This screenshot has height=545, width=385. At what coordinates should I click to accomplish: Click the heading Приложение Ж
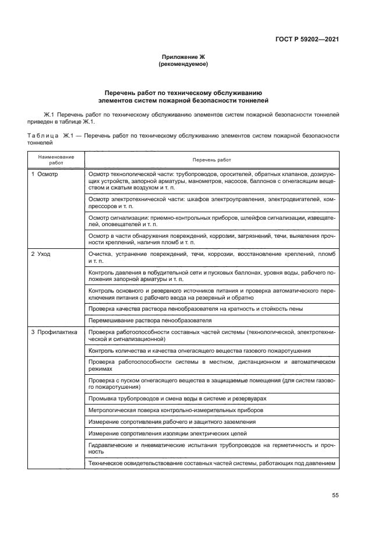click(183, 57)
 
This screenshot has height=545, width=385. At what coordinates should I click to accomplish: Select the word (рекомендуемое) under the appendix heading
click(183, 64)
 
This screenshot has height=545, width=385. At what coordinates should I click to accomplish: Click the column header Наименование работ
click(56, 159)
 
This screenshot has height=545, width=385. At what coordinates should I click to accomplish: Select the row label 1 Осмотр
click(45, 174)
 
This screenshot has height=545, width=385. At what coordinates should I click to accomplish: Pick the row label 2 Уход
click(42, 255)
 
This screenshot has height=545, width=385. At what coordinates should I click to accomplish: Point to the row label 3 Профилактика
click(54, 332)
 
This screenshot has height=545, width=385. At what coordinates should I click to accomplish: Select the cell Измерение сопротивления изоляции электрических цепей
click(167, 434)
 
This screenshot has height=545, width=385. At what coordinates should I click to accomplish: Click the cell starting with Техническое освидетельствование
click(211, 464)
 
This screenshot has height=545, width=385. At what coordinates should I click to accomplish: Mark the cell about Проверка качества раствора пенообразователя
click(195, 308)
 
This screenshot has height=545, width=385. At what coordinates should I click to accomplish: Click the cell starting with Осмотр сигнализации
click(211, 220)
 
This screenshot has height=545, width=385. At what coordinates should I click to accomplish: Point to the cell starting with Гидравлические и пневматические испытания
click(211, 448)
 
